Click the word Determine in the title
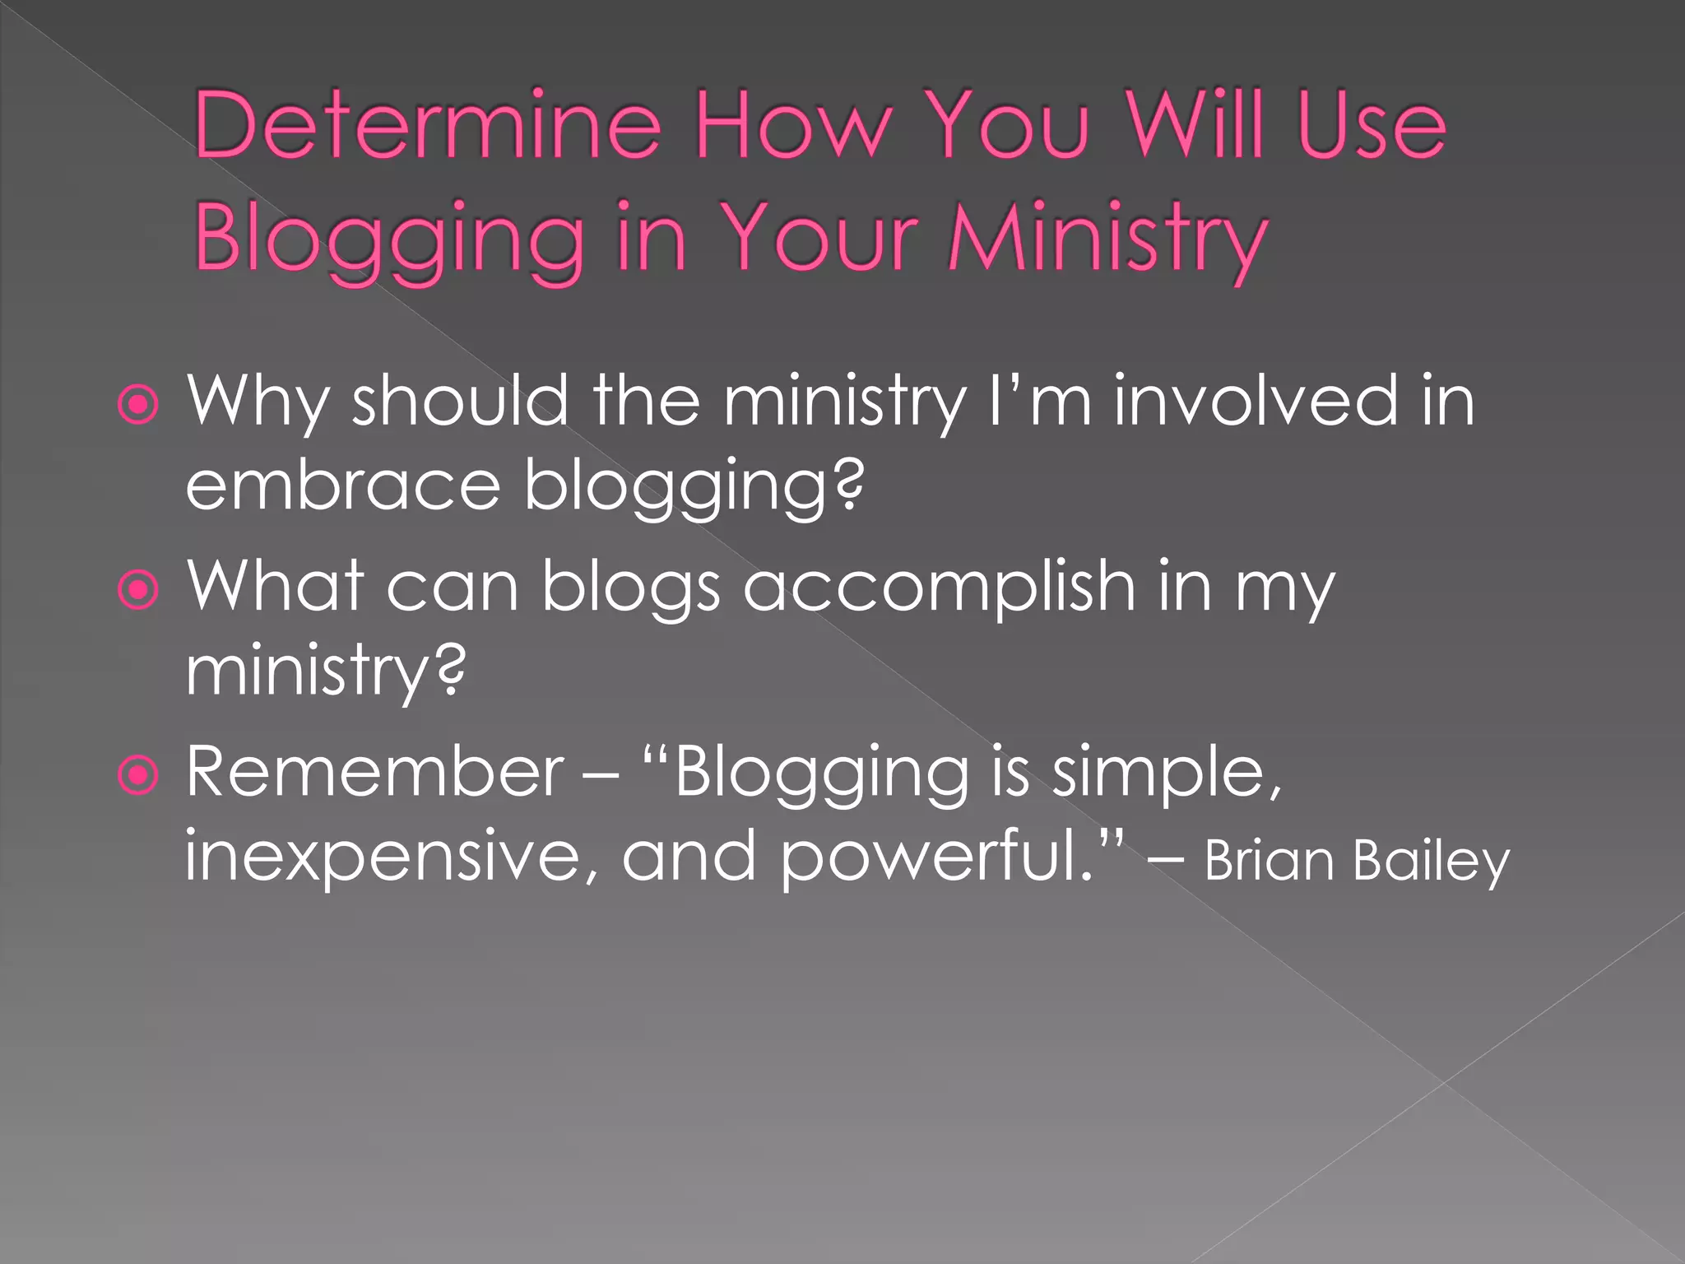pyautogui.click(x=428, y=125)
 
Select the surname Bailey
pyautogui.click(x=1431, y=861)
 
